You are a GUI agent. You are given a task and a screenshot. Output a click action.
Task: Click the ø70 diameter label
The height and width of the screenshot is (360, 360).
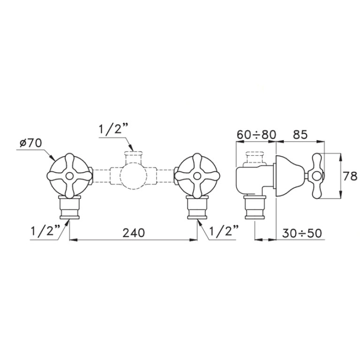[31, 143]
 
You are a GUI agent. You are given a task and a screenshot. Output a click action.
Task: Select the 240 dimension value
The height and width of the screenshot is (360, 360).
[134, 233]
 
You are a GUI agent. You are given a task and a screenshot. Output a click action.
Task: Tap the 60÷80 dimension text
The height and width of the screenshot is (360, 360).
[256, 135]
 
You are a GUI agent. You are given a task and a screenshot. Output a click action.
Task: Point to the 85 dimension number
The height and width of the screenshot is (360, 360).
[300, 135]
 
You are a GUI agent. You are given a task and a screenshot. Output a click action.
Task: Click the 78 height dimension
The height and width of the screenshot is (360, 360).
[351, 176]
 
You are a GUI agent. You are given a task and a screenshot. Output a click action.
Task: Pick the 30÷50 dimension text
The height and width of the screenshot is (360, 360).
[302, 233]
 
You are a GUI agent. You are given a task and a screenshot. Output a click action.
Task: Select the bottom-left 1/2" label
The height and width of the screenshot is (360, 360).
[45, 231]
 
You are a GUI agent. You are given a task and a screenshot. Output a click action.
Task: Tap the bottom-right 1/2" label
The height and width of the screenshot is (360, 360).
[224, 231]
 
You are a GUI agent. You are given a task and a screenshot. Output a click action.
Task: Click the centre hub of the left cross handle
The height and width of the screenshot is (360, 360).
[69, 176]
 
